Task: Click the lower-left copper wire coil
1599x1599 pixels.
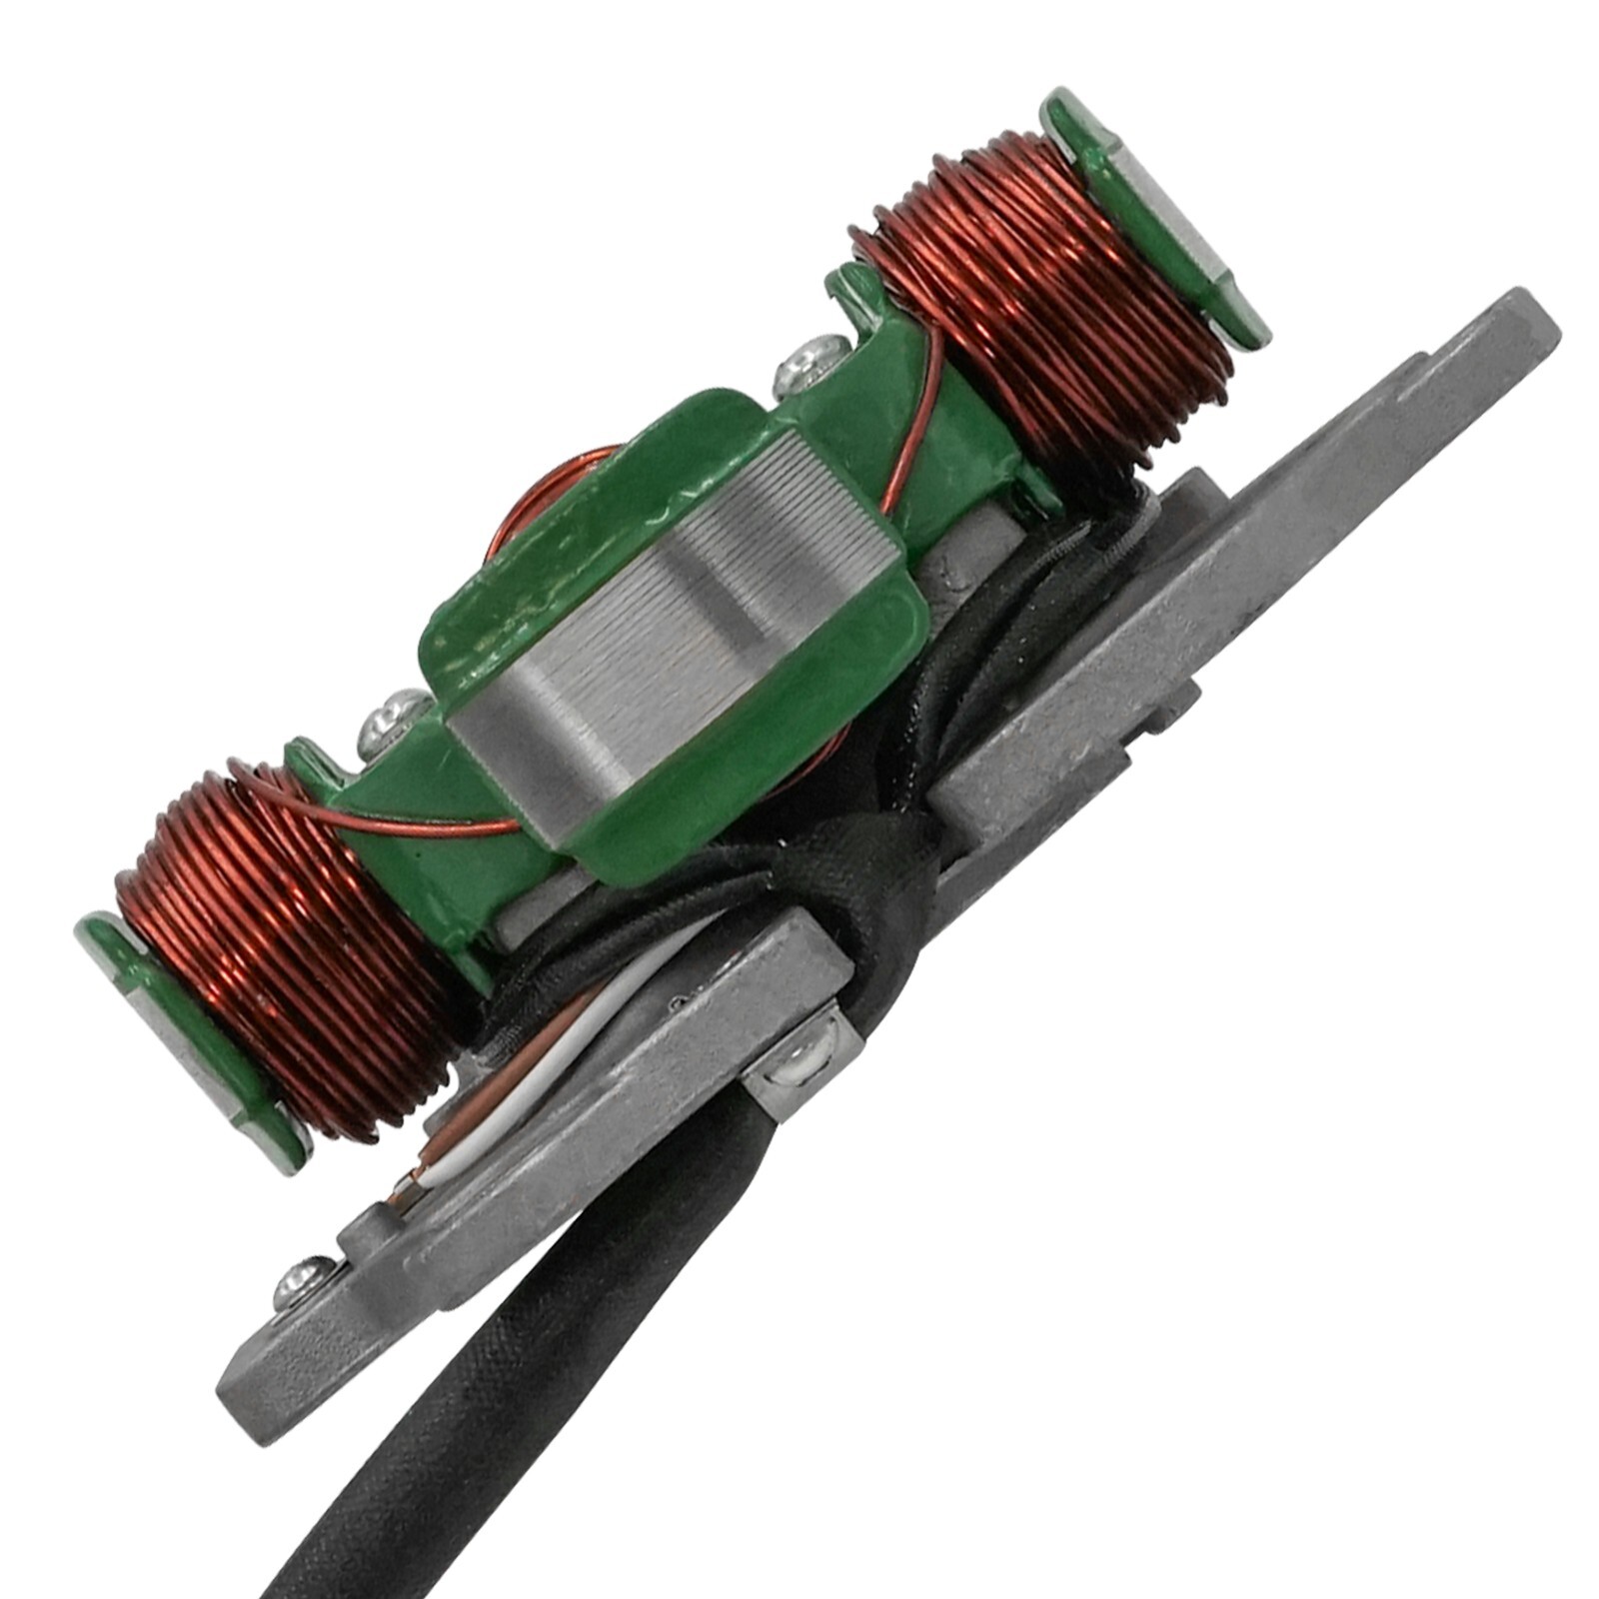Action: (x=290, y=949)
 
